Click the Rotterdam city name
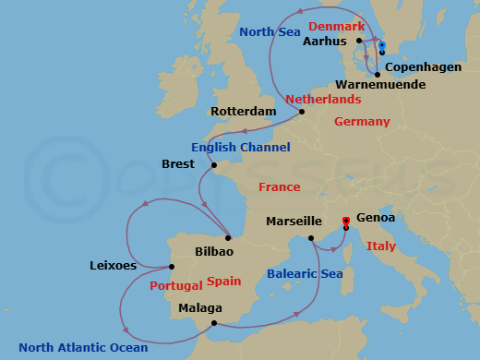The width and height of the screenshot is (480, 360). point(244,112)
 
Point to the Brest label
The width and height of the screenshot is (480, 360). point(178,164)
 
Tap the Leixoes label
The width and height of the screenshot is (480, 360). point(114,266)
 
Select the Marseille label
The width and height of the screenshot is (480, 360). point(294,222)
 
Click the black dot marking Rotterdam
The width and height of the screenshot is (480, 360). point(301,114)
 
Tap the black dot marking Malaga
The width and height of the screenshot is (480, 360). point(213,323)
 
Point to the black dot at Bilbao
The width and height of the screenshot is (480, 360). point(228,236)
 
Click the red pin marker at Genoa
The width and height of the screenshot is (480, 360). point(346,222)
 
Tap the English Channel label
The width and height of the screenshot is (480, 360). point(240,148)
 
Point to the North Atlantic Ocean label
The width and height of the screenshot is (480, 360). point(83,348)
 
